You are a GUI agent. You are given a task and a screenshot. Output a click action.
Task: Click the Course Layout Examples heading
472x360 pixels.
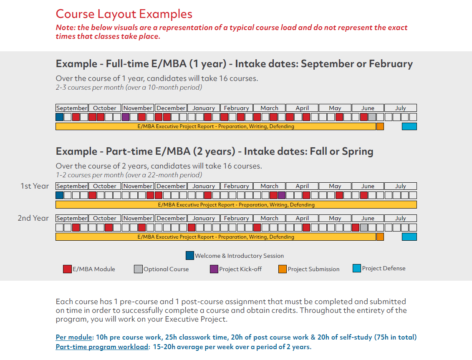click(124, 14)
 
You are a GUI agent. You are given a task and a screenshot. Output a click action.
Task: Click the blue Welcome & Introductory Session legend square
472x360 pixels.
click(190, 255)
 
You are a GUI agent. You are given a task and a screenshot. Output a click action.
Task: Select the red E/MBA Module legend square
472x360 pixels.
click(67, 269)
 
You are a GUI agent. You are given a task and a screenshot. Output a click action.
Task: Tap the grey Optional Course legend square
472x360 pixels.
click(138, 269)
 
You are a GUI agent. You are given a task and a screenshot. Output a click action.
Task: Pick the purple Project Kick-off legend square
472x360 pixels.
click(214, 269)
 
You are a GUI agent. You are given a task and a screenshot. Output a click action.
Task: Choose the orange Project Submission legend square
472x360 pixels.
click(283, 269)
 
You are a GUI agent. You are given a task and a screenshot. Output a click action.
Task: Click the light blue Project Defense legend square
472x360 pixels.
click(357, 268)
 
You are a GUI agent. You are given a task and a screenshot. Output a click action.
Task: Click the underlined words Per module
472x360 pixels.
click(74, 337)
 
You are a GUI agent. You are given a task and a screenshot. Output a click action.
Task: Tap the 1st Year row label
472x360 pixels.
click(35, 186)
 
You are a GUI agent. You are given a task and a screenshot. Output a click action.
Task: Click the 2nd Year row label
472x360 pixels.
click(33, 218)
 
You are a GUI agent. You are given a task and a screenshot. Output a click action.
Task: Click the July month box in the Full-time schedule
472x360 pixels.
click(401, 108)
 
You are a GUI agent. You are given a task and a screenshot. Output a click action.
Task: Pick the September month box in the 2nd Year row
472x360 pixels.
click(72, 218)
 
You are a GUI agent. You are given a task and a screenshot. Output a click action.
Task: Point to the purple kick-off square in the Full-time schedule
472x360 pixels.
click(126, 117)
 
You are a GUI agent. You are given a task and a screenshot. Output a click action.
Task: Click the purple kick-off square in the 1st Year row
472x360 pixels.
click(282, 195)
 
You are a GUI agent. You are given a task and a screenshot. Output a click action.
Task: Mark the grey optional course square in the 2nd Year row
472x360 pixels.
click(364, 227)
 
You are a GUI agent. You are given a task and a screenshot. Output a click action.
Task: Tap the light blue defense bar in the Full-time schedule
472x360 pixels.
click(409, 126)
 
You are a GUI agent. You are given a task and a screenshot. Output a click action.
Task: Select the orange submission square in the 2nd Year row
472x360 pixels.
click(380, 237)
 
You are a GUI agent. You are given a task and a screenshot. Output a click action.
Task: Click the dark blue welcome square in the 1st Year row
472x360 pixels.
click(60, 195)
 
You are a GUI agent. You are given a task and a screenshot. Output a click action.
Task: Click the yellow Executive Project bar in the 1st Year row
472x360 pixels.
click(236, 205)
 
